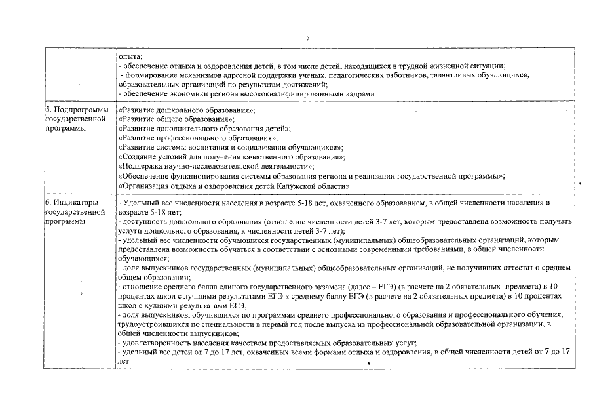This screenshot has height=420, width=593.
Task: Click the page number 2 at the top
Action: pyautogui.click(x=307, y=38)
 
